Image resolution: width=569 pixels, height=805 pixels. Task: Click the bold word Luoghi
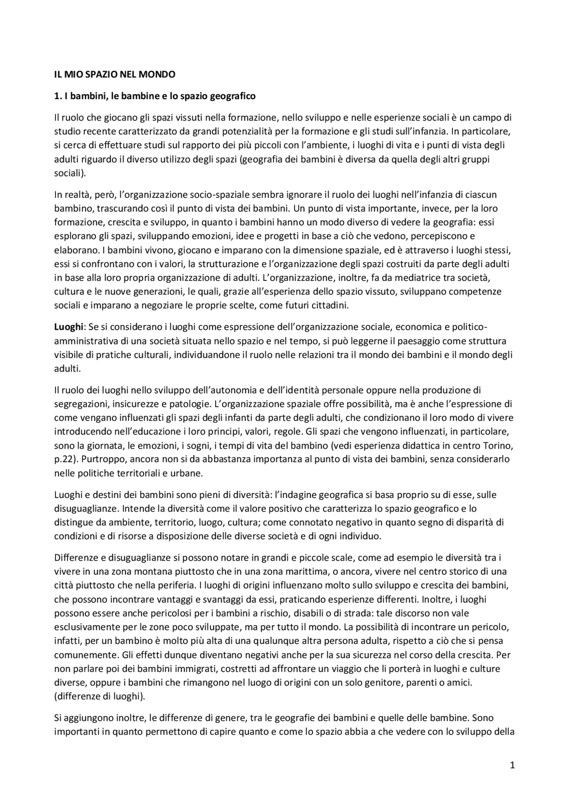(68, 327)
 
